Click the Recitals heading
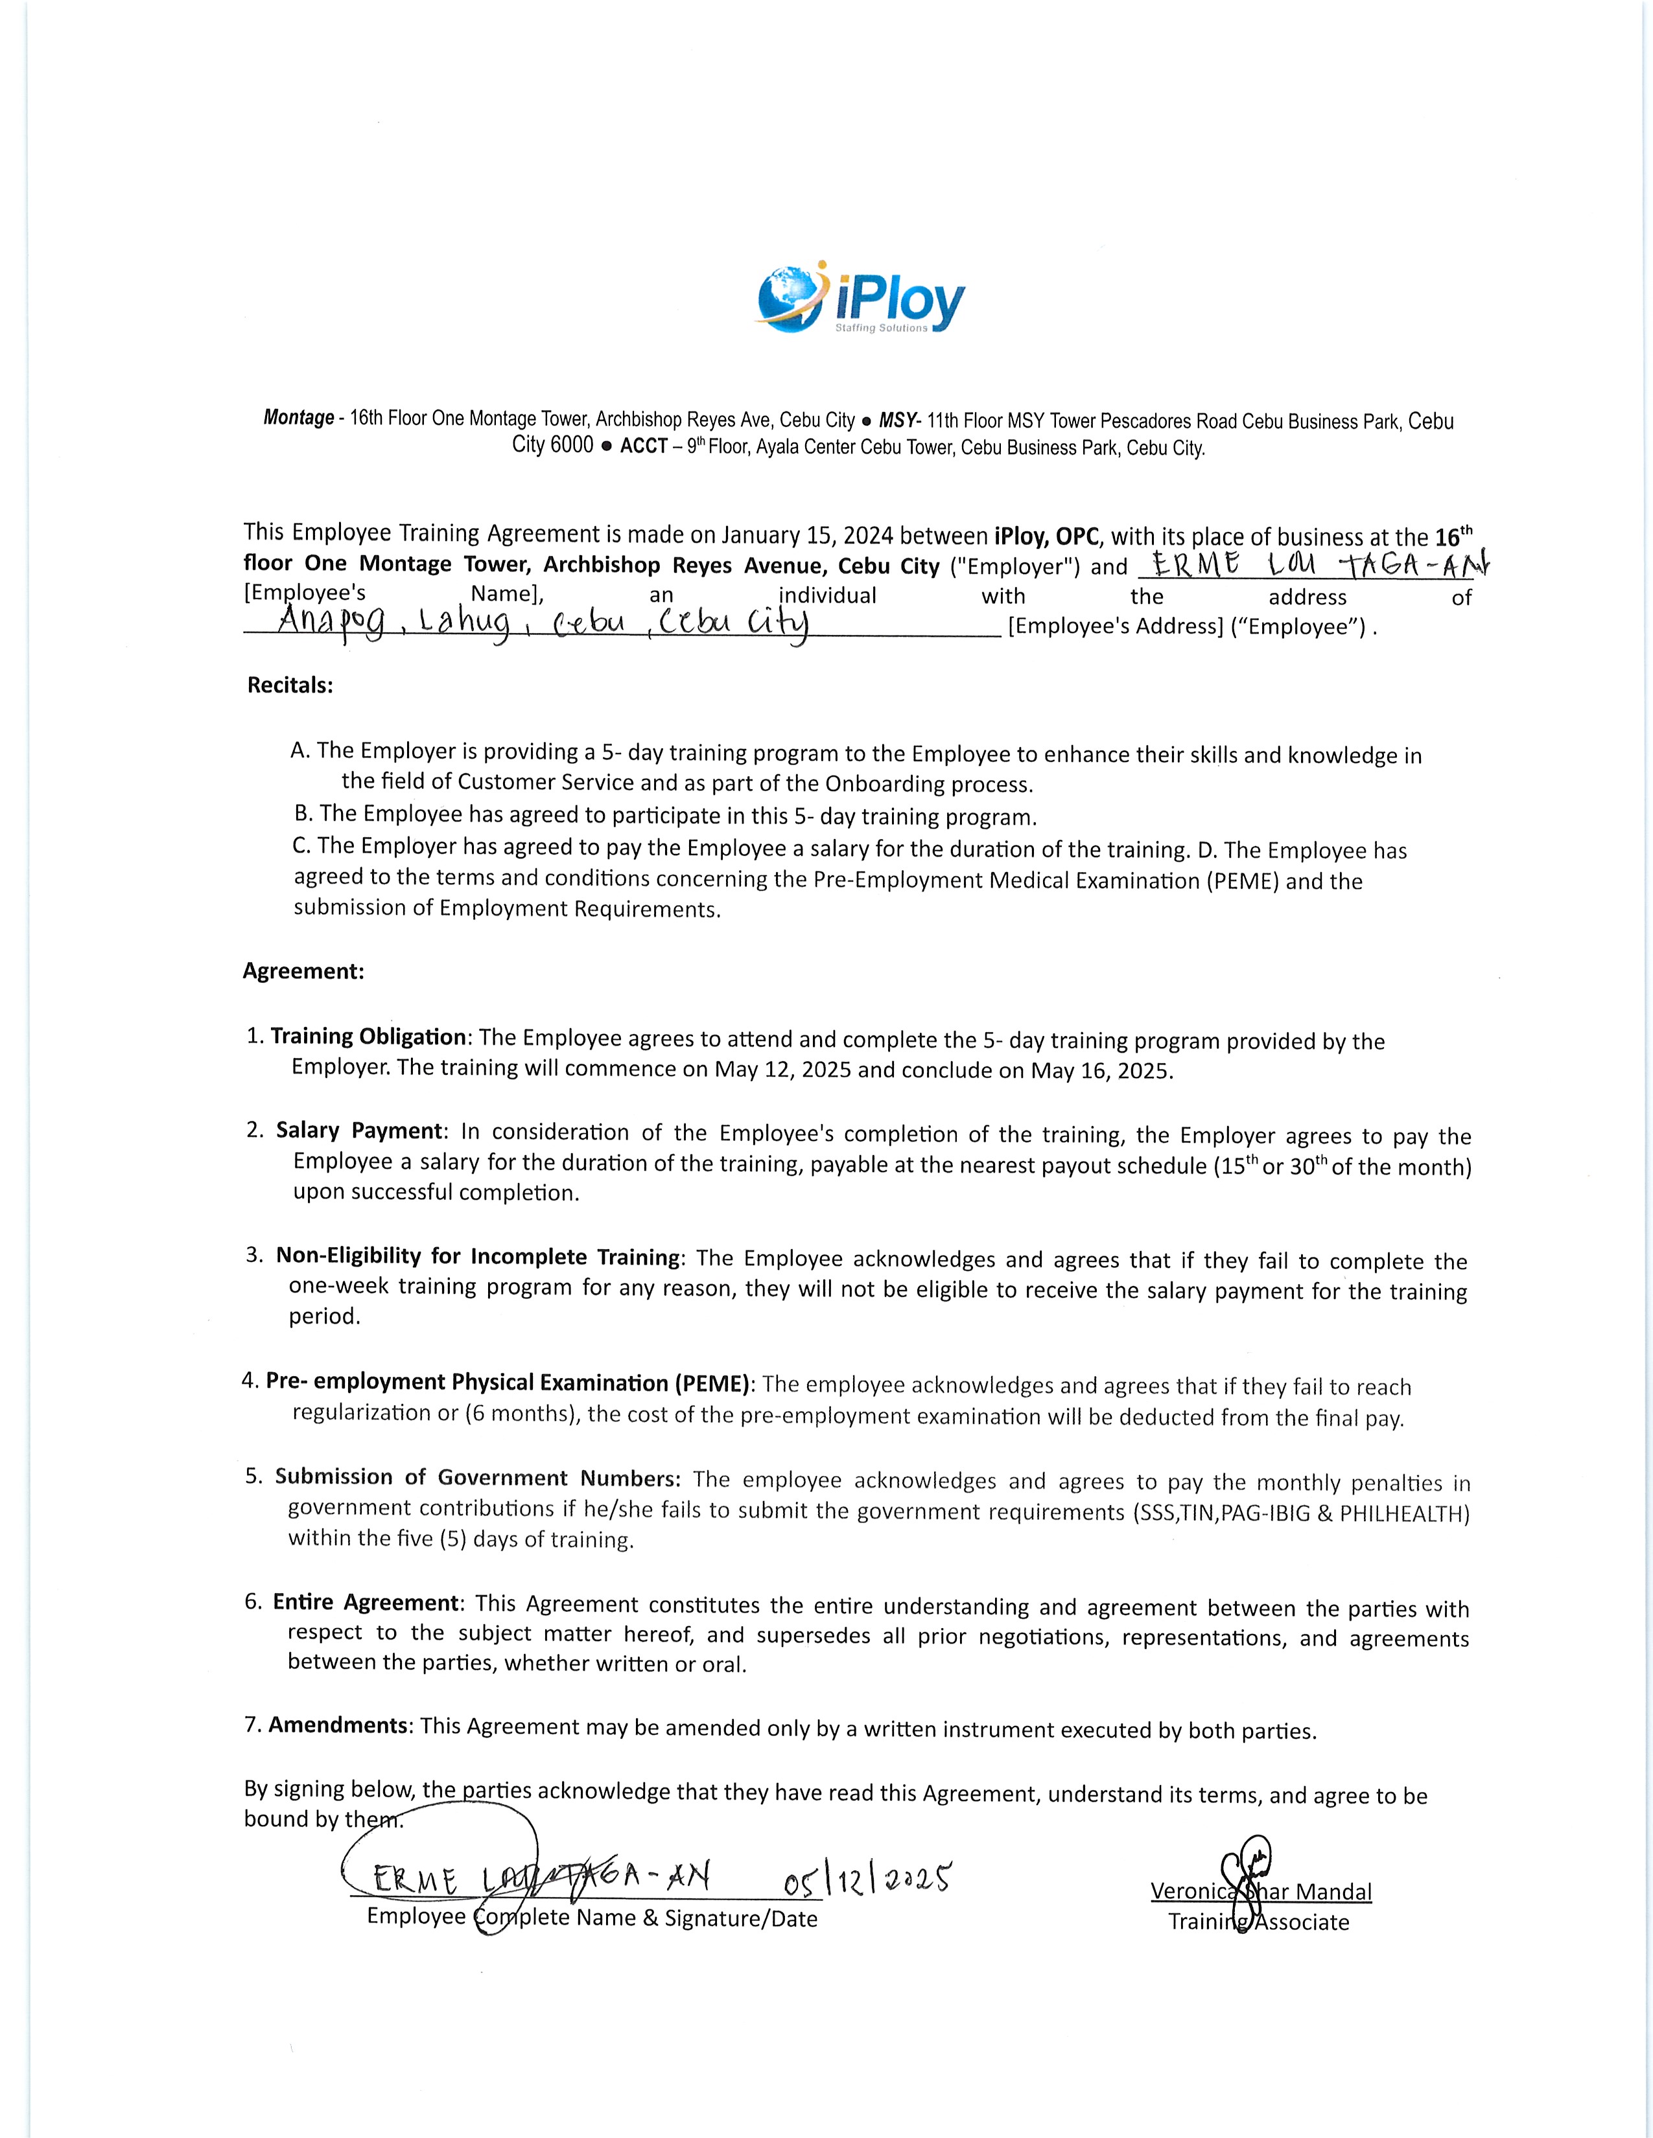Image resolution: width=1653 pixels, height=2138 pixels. tap(290, 685)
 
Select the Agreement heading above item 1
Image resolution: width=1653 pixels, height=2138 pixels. tap(303, 971)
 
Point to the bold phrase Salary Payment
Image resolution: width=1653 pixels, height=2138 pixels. tap(359, 1131)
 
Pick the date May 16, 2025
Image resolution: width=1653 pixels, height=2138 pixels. tap(1101, 1070)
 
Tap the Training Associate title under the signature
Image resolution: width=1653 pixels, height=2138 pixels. tap(1258, 1922)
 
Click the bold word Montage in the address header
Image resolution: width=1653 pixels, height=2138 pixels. tap(299, 418)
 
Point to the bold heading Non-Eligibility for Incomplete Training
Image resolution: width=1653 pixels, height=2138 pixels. tap(478, 1256)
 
